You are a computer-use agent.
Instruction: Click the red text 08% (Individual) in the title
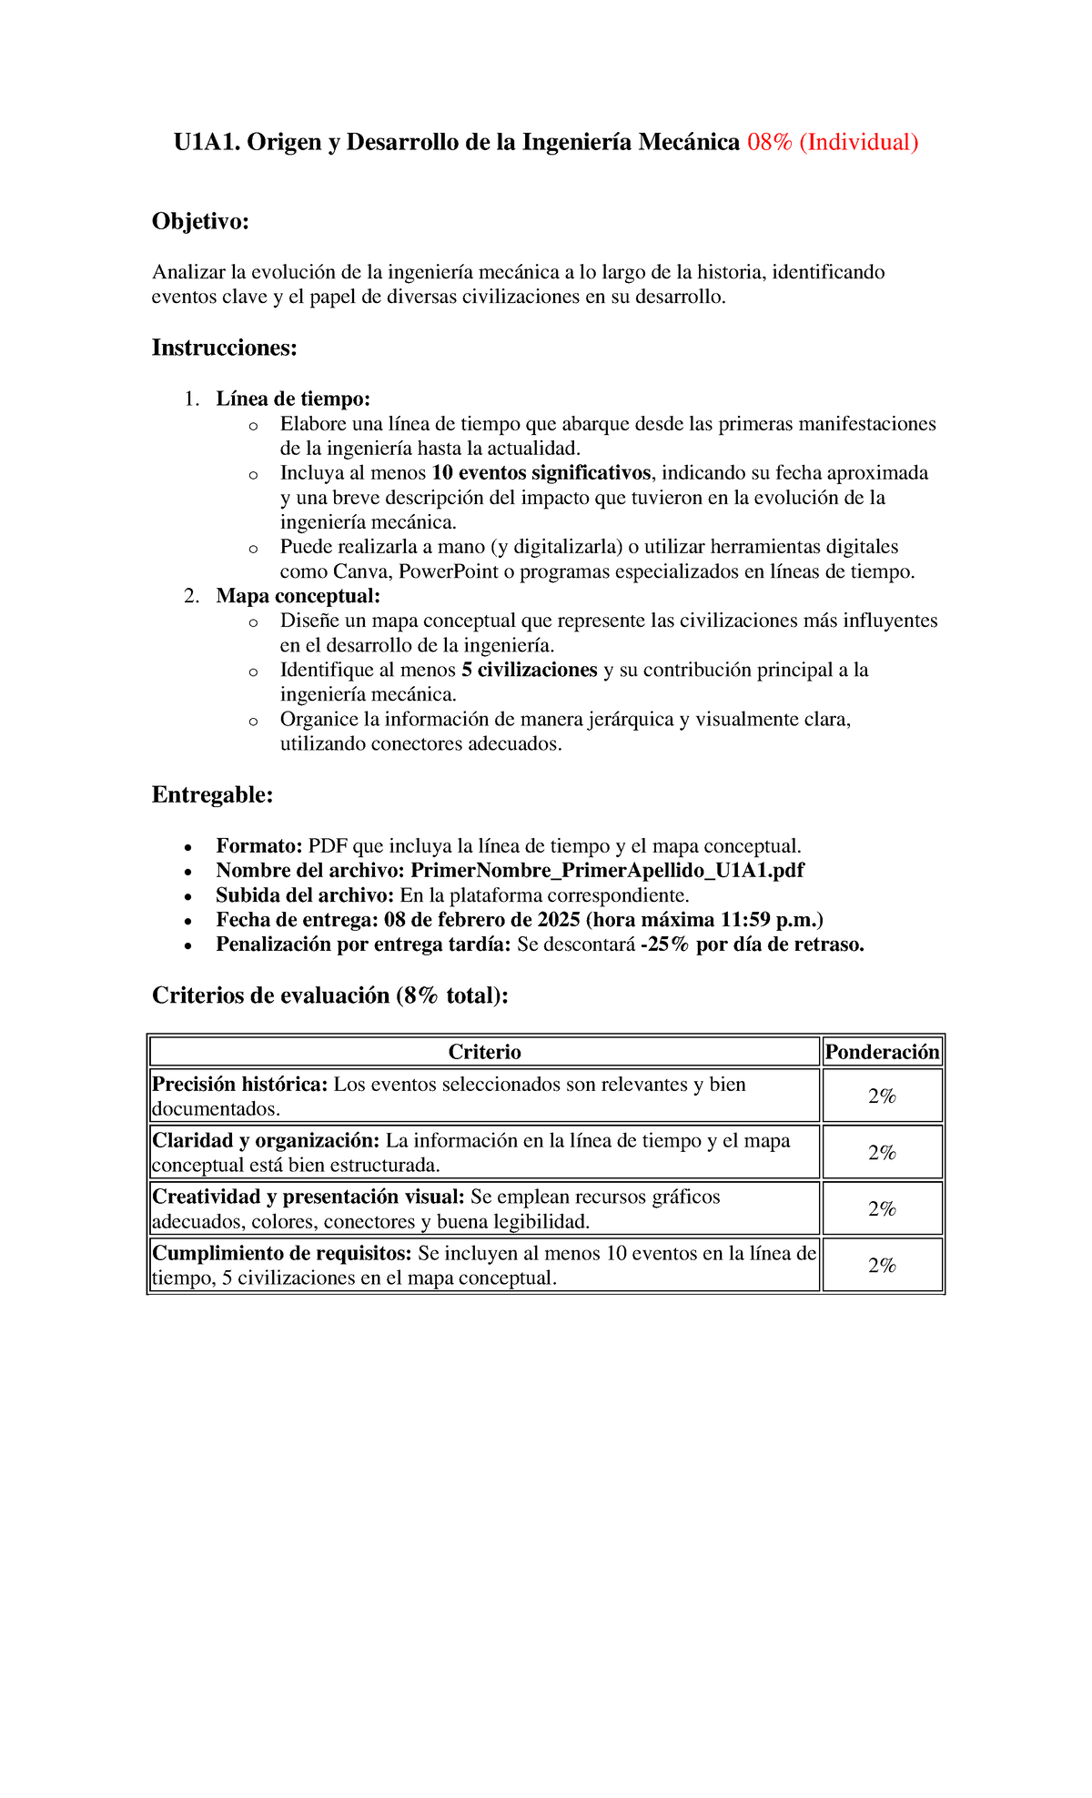pos(832,143)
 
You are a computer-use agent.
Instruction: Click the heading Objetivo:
pos(200,221)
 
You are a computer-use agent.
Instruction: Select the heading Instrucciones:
pos(224,348)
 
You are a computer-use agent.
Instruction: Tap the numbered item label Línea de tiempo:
pos(293,399)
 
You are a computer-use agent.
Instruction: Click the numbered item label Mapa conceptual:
pos(298,596)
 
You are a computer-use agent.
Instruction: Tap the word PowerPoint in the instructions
pos(448,571)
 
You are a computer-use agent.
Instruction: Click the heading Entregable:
pos(212,795)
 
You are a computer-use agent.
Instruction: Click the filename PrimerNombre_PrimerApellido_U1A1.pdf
pos(607,871)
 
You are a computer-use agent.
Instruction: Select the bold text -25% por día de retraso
pos(752,944)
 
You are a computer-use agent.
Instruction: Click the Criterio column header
pos(484,1053)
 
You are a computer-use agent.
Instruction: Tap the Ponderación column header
pos(881,1053)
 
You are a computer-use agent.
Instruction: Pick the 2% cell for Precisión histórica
pos(881,1096)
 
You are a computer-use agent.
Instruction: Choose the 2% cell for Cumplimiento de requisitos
pos(881,1266)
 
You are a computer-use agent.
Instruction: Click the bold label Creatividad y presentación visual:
pos(308,1197)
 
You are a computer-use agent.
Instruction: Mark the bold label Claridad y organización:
pos(266,1141)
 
